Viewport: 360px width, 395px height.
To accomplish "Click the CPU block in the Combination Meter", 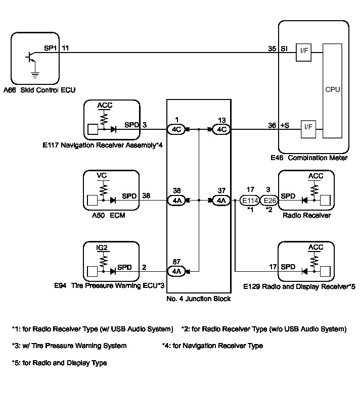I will pos(332,90).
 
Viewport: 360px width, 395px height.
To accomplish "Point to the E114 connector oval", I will pos(249,201).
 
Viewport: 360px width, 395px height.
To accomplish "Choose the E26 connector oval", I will pos(268,201).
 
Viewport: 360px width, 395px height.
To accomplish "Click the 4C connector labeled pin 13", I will pos(221,129).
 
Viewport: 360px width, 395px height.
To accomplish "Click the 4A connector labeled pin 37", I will pos(221,201).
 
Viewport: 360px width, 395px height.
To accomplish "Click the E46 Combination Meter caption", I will pos(309,158).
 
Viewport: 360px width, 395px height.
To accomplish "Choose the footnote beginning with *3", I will pos(69,346).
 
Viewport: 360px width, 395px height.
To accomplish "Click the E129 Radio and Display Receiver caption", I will pos(299,286).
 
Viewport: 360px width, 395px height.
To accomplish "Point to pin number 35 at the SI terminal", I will pos(272,48).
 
